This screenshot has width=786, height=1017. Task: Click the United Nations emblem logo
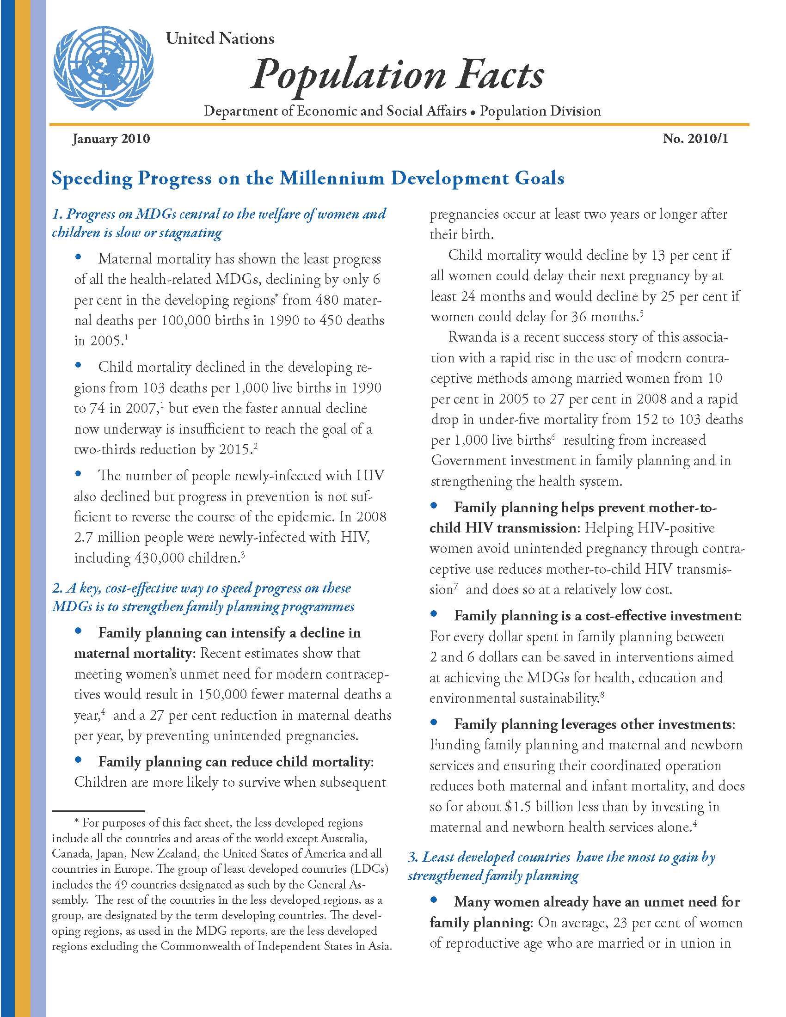(103, 68)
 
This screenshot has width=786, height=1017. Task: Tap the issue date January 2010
(111, 139)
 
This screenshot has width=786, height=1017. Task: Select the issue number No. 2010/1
(695, 139)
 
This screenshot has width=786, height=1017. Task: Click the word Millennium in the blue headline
(332, 178)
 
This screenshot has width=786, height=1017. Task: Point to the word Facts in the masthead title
(500, 74)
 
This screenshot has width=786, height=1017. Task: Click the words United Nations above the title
(220, 39)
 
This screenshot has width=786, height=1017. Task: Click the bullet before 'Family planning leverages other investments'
(434, 722)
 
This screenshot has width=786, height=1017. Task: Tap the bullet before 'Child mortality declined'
(78, 366)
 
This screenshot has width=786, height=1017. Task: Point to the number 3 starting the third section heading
(412, 857)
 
